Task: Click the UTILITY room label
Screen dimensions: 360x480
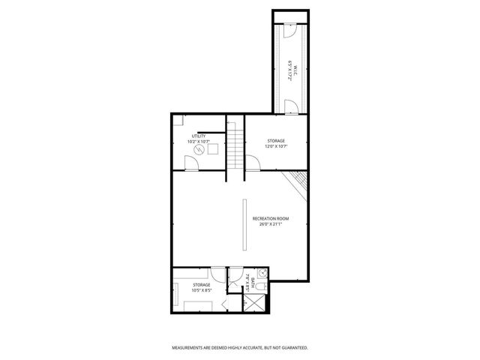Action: pos(198,136)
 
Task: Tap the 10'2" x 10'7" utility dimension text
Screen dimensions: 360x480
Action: pos(198,142)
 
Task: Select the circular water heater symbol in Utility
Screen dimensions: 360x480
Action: pos(199,149)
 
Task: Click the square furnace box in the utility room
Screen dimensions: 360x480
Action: pos(213,148)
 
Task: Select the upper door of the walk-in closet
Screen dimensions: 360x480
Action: pos(290,31)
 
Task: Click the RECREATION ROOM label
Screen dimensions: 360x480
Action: pos(271,218)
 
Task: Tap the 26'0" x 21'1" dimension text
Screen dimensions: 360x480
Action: pos(271,223)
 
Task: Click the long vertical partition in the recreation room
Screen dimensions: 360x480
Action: pos(244,225)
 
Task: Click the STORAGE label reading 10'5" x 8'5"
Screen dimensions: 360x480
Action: pos(202,287)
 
